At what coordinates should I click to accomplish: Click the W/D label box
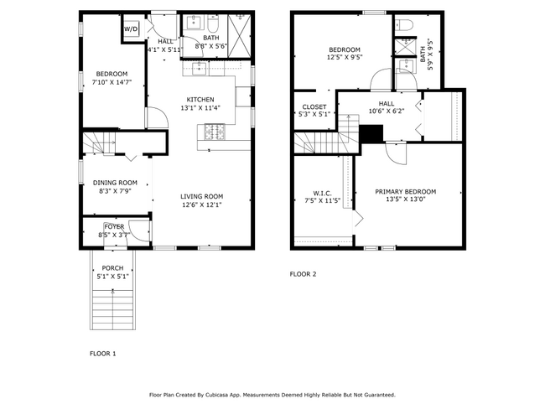point(132,29)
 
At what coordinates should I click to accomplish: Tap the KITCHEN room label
point(200,99)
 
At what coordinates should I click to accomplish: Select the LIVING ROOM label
point(201,197)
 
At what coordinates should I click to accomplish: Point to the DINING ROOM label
point(115,183)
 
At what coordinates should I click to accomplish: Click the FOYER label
point(114,226)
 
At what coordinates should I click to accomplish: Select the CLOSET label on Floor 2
point(314,106)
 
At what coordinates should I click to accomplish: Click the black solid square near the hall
point(371,133)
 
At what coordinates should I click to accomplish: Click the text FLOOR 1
point(102,354)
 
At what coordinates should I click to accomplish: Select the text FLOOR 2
point(303,274)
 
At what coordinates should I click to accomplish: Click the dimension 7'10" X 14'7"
point(111,82)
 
